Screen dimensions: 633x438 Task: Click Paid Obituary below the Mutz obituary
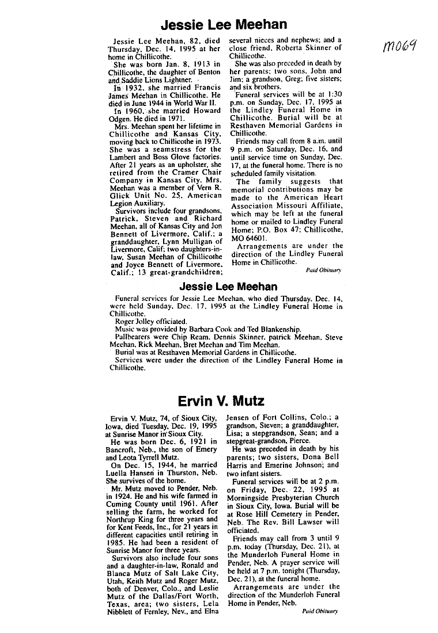[x=320, y=612]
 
